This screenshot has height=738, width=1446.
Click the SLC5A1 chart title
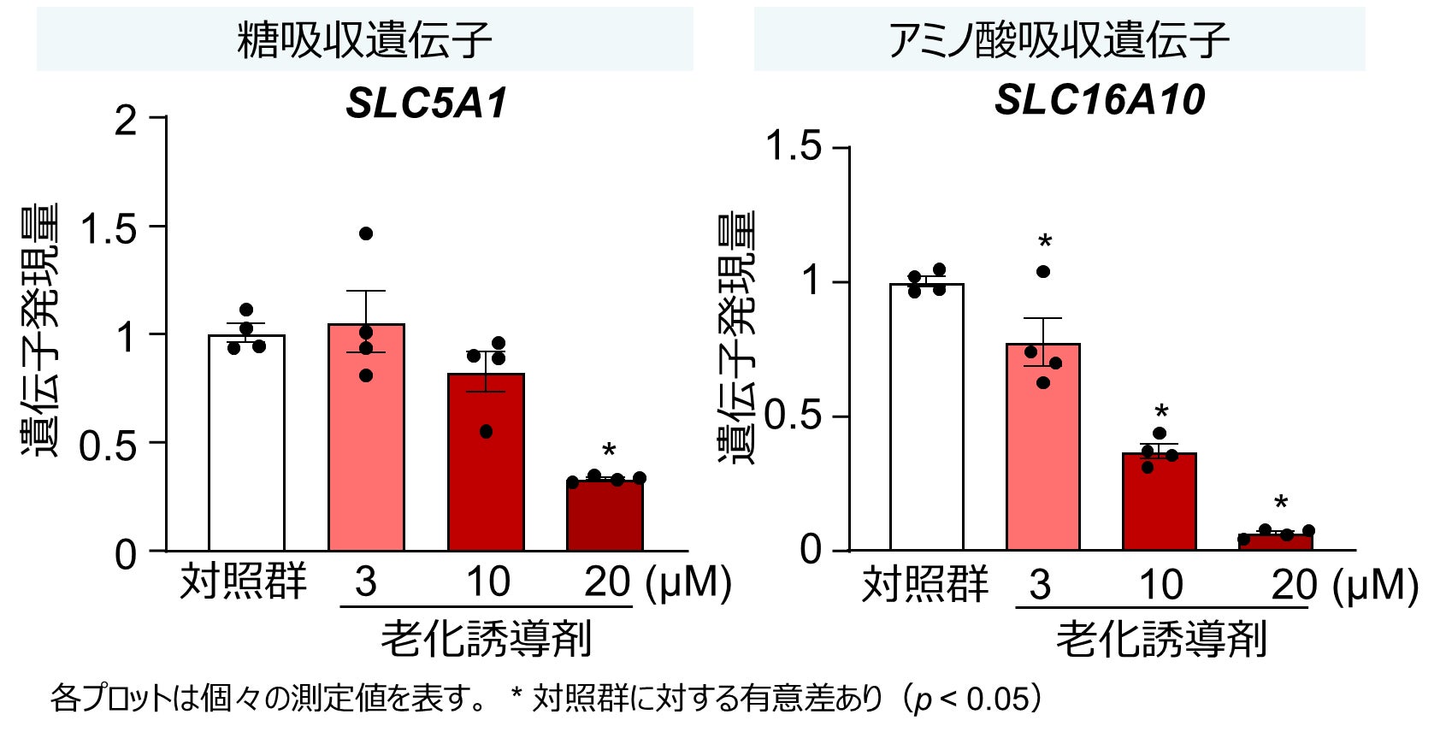(x=426, y=103)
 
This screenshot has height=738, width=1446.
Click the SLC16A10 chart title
(x=1099, y=100)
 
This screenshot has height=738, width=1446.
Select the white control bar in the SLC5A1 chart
(x=246, y=445)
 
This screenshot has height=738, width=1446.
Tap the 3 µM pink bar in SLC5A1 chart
(x=366, y=445)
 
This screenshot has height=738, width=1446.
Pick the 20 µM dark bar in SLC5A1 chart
(x=605, y=517)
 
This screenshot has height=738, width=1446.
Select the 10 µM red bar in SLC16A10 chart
(x=1159, y=505)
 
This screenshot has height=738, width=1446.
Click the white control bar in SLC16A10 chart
(x=926, y=419)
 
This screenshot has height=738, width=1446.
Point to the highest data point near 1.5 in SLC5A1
(x=366, y=233)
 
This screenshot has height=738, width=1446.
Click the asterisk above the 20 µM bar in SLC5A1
(x=609, y=452)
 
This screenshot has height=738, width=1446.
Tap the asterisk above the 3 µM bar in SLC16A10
(x=1044, y=242)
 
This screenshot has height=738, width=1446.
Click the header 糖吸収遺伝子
(x=365, y=40)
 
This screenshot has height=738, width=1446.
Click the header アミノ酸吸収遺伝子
(x=1059, y=40)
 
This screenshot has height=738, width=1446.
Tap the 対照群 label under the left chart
(x=243, y=582)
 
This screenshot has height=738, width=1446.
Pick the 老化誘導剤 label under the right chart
(x=1160, y=640)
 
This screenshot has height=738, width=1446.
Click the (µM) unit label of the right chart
(x=1376, y=585)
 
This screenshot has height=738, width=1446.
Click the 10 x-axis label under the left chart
(x=487, y=582)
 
